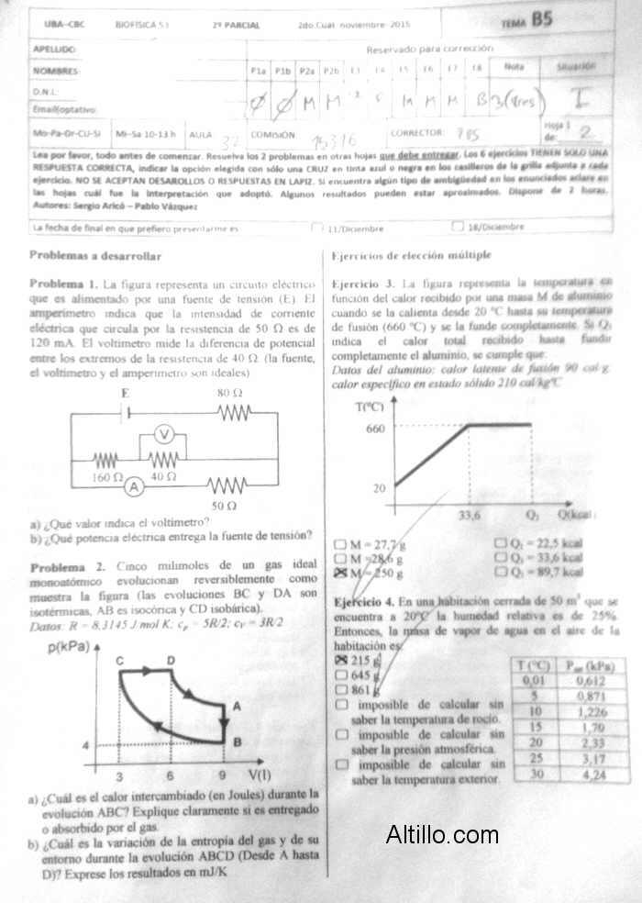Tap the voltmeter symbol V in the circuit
162,434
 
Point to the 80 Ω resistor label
229,393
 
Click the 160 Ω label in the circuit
107,477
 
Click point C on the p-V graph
120,661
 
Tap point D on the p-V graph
171,661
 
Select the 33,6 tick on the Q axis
470,515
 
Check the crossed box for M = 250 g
341,573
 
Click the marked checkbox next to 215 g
341,660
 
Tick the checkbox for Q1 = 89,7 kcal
501,573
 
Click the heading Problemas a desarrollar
95,255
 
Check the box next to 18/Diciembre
458,226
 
